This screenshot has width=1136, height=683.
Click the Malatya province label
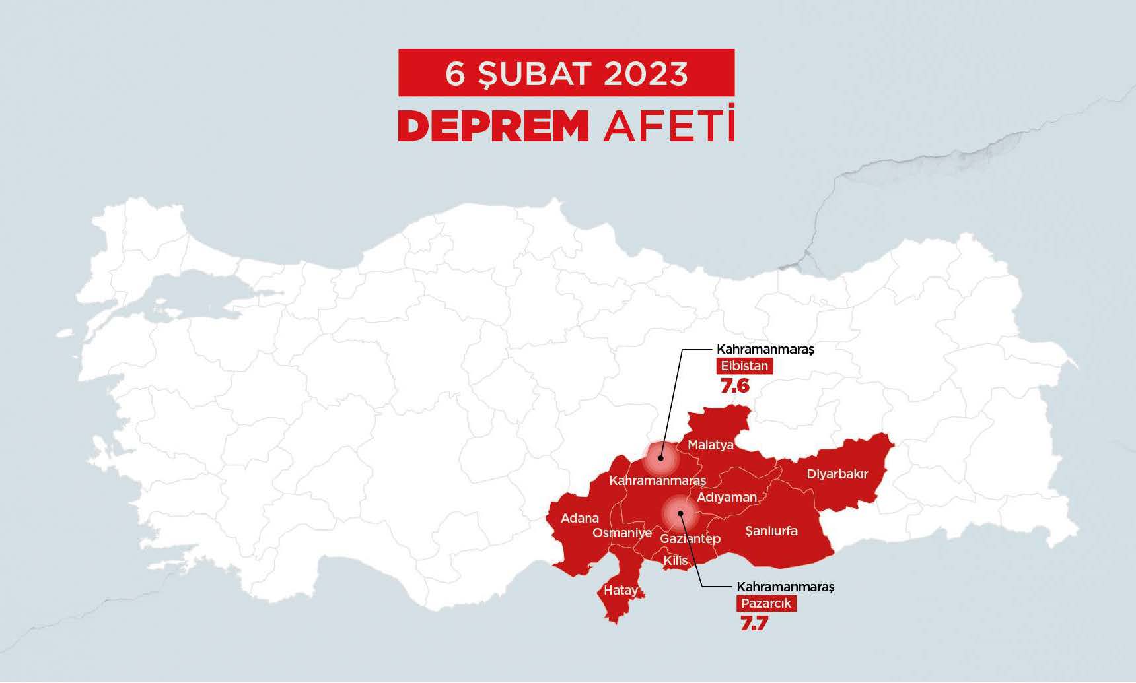(711, 445)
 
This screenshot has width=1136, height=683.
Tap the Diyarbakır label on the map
(837, 474)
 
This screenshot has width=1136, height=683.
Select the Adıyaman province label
(727, 497)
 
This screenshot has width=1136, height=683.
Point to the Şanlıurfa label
(771, 531)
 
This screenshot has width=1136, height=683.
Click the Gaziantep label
(690, 538)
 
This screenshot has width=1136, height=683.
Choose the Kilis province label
(675, 560)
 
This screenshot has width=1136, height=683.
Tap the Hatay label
(621, 590)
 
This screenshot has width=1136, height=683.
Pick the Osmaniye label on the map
(621, 533)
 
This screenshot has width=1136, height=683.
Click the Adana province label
(580, 518)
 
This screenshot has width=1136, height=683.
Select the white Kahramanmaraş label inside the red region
(657, 480)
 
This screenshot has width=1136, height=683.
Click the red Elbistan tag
(744, 366)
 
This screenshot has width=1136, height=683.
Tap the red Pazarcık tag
(765, 603)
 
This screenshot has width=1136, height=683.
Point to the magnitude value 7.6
(734, 386)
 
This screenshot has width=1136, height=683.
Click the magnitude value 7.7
(754, 623)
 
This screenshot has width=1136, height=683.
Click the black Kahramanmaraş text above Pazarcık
(785, 587)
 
